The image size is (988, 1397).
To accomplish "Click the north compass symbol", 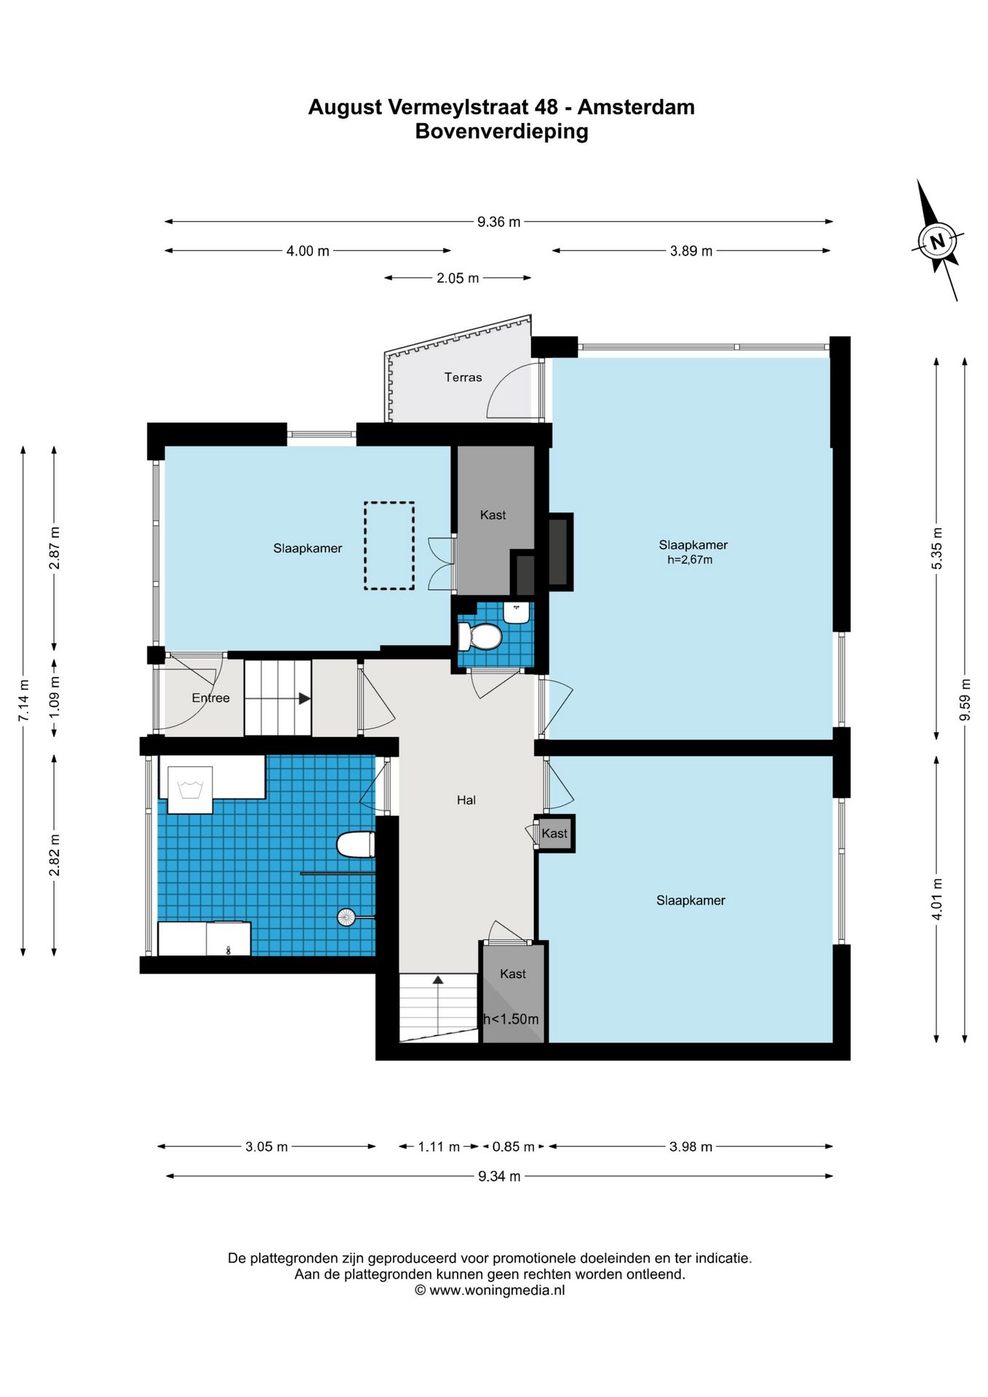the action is [938, 240].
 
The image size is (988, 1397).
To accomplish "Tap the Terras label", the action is [463, 377].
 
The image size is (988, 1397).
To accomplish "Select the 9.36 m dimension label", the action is [498, 222].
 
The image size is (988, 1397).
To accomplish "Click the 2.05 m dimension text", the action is [458, 278].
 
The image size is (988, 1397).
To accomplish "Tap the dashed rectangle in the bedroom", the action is [389, 545].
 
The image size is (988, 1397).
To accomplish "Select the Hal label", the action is [466, 800].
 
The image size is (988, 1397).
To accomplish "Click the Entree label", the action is [210, 698].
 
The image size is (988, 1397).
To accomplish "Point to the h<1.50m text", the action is [511, 1019].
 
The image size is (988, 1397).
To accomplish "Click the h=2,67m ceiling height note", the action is [690, 560].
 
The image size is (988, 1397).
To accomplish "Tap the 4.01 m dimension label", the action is [937, 899].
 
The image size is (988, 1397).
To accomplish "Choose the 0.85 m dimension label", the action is [514, 1147].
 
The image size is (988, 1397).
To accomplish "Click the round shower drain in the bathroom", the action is [346, 917].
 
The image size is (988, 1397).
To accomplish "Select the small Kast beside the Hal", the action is [554, 833].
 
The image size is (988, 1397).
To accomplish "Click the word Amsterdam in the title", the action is [636, 107].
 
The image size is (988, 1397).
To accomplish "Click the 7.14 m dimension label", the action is [23, 701].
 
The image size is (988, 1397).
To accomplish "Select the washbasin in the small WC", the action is [517, 613].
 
